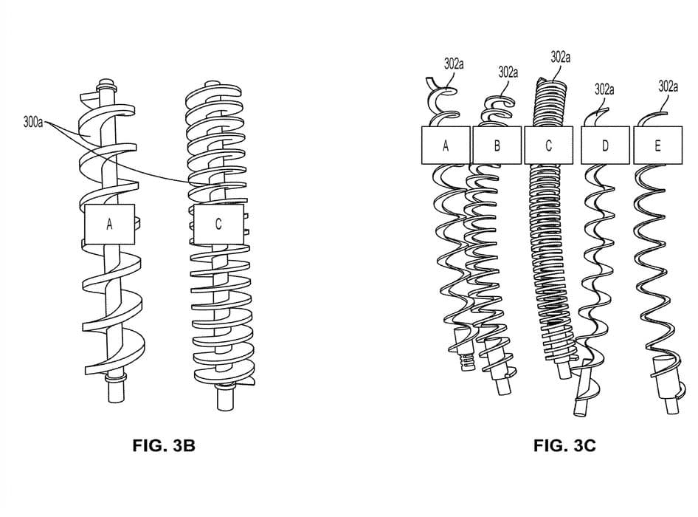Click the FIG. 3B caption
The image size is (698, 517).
coord(164,445)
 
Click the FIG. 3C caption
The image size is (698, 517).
coord(564,445)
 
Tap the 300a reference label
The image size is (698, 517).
coord(33,122)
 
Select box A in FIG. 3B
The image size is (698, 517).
coord(109,225)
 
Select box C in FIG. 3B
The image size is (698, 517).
coord(218,225)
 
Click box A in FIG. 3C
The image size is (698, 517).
coord(446,145)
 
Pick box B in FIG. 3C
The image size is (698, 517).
coord(497,145)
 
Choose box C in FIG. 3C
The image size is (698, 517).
coord(548,145)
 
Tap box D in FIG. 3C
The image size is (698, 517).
coord(605,145)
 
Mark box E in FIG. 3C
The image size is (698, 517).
coord(657,145)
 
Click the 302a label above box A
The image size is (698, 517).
coord(454,64)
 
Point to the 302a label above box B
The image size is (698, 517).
coord(508,72)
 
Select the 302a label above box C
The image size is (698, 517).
coord(561,57)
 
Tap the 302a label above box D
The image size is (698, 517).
coord(604,89)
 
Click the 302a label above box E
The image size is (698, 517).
coord(668,86)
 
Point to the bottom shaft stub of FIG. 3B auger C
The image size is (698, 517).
coord(225,397)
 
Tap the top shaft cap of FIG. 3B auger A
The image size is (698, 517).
coord(106,83)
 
